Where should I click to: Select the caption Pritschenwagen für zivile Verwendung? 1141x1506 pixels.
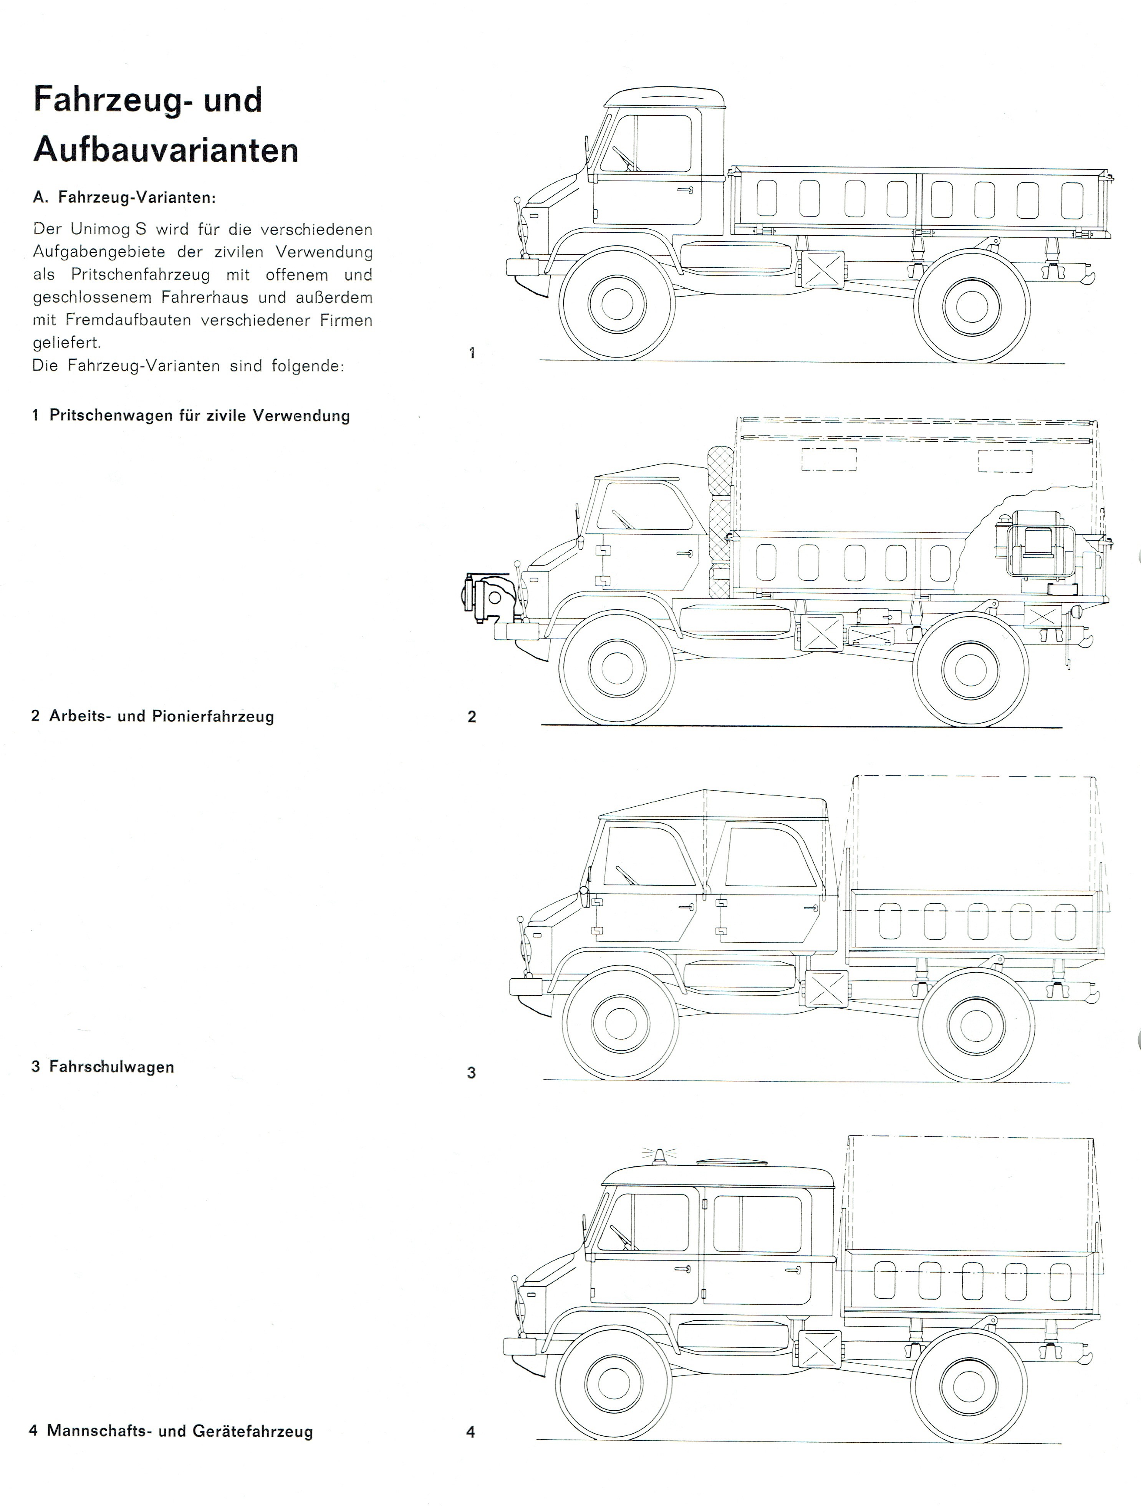click(x=199, y=416)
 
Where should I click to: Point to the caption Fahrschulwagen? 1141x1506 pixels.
click(x=112, y=1067)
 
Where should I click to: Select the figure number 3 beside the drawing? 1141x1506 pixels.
click(x=471, y=1073)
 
